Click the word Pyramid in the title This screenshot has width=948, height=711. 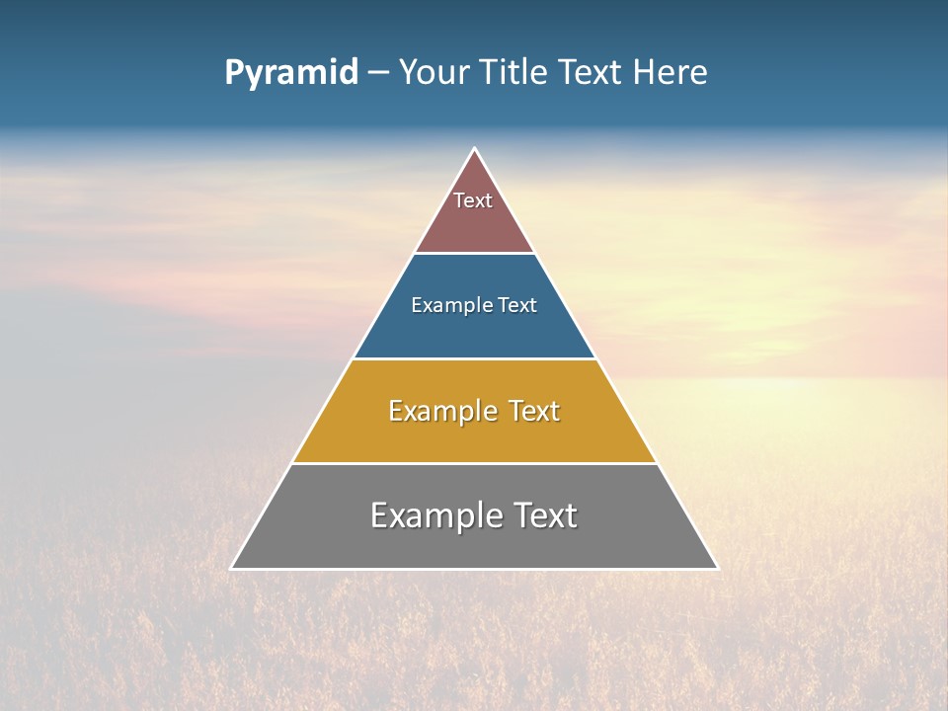[x=291, y=73]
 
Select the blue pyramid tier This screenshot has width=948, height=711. [x=474, y=331]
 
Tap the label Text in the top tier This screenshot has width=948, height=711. [x=473, y=200]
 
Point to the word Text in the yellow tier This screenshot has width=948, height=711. [x=534, y=411]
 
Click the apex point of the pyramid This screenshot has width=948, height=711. [x=474, y=149]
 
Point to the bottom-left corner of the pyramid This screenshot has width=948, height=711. [x=232, y=568]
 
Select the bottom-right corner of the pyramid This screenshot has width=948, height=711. [x=717, y=568]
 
